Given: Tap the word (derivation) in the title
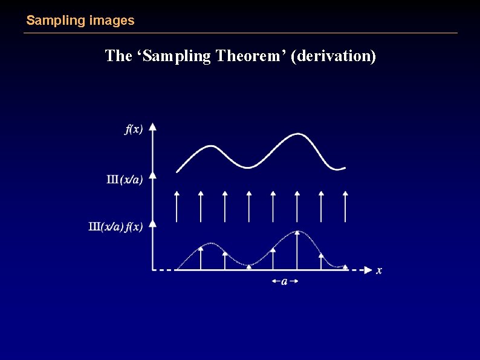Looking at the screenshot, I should tap(333, 56).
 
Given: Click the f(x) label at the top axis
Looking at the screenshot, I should tap(134, 129).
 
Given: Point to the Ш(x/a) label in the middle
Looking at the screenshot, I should tap(125, 180).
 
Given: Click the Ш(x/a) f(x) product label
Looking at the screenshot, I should tap(115, 227).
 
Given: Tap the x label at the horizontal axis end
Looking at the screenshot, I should tap(379, 270).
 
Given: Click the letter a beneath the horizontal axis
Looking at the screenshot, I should tap(284, 281).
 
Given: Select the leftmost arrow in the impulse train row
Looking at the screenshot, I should tap(177, 206).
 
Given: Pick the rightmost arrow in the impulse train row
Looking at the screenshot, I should tap(345, 206).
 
